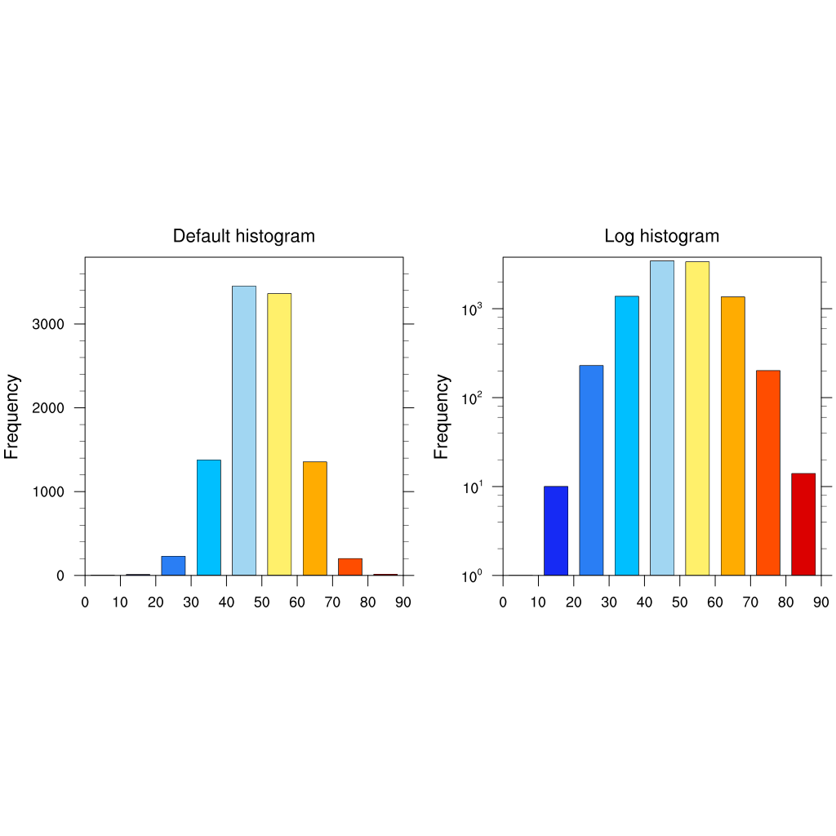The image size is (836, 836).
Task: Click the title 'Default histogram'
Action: (243, 236)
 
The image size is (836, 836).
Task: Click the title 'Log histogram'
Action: (661, 236)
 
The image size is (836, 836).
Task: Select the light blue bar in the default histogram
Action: (244, 430)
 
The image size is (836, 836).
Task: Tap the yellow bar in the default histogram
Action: (279, 434)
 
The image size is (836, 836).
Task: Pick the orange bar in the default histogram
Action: (314, 518)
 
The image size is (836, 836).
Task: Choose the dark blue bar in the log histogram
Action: (556, 531)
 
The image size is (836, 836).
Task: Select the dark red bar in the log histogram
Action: (803, 524)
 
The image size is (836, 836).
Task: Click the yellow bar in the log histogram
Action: (697, 418)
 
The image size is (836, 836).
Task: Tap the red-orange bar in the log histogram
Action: (768, 473)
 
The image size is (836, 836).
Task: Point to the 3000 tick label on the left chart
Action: (47, 324)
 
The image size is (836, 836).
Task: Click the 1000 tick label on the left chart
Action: (47, 491)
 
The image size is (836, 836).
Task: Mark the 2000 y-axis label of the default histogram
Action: (47, 408)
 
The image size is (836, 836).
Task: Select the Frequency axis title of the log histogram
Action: (442, 416)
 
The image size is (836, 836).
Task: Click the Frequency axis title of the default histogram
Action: (12, 416)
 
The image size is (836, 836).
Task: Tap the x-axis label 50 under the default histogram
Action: (261, 603)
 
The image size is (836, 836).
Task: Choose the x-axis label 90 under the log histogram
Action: (820, 603)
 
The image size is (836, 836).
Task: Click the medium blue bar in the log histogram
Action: (591, 470)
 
